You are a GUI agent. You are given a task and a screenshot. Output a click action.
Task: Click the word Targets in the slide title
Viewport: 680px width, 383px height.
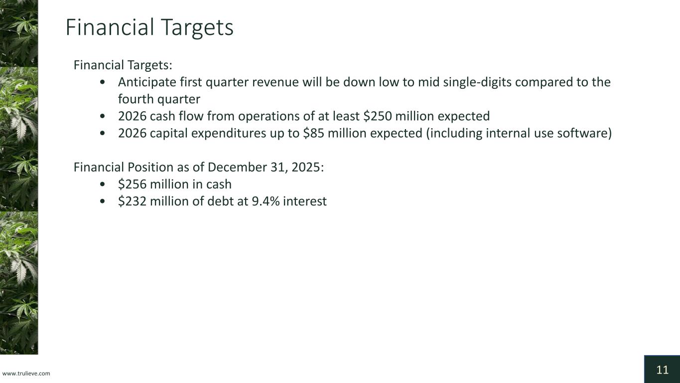tap(197, 28)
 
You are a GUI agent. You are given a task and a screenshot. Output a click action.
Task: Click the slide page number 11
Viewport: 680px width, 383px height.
tap(662, 370)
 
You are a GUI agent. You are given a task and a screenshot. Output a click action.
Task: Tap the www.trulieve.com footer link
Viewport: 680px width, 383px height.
tap(26, 374)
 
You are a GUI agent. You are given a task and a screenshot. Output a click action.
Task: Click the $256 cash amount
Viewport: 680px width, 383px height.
tap(133, 184)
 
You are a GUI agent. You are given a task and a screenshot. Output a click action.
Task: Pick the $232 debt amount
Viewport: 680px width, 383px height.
tap(133, 201)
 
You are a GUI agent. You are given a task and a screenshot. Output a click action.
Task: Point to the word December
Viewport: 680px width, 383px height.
tap(237, 167)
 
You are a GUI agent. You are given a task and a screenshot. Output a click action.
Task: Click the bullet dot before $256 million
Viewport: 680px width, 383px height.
tap(102, 184)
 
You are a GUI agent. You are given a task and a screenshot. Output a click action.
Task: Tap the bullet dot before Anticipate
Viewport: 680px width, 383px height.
tap(102, 82)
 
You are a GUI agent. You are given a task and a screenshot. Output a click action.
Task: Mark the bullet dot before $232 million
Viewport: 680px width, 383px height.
tap(102, 201)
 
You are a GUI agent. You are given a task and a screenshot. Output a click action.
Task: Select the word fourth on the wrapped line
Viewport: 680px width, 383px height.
tap(136, 99)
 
